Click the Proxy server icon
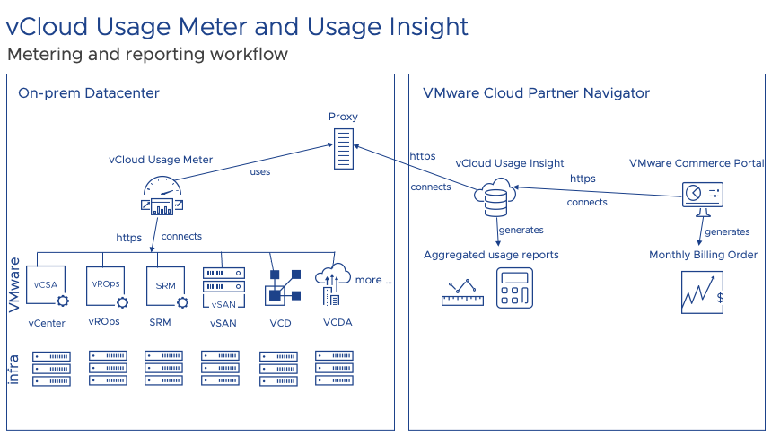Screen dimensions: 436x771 (x=342, y=149)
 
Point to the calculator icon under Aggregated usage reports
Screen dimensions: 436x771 (x=514, y=288)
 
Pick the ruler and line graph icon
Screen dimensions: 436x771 (x=462, y=292)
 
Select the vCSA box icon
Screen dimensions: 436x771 (x=46, y=285)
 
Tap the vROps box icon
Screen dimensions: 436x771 (x=105, y=285)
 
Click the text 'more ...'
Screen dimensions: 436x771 (x=373, y=280)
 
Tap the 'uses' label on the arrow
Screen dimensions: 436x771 (x=259, y=171)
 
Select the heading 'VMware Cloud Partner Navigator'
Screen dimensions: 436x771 (x=536, y=93)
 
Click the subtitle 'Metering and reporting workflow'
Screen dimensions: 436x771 (x=147, y=55)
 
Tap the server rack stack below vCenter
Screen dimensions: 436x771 (x=50, y=368)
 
